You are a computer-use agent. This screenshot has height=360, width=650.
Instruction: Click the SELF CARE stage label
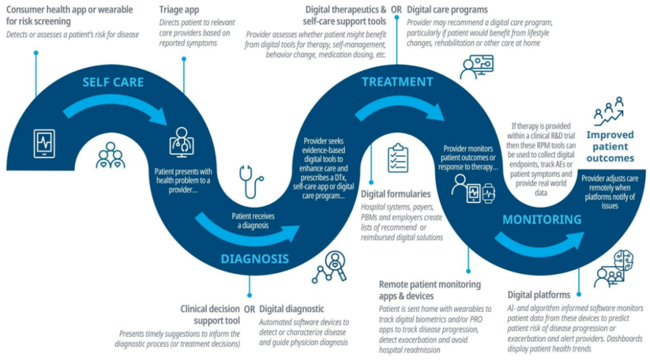point(113,82)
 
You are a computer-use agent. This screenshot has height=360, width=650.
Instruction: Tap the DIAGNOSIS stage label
point(255,259)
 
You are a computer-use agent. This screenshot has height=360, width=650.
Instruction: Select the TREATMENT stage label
point(397,82)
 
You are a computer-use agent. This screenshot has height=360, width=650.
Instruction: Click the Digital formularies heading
point(395,194)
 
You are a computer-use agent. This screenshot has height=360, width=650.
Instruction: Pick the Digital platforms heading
point(539,295)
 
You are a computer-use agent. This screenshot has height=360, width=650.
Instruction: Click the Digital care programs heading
point(447,10)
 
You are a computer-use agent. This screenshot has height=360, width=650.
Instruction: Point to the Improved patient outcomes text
point(610,147)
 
